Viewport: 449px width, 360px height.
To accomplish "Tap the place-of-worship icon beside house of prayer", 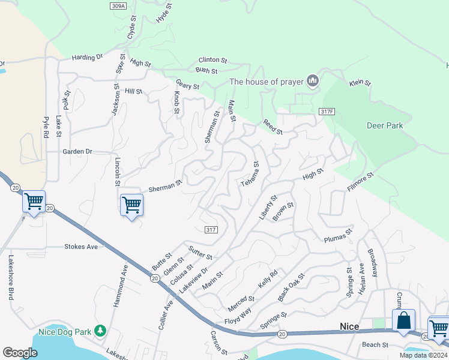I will coord(312,81).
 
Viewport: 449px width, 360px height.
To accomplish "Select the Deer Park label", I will coord(385,125).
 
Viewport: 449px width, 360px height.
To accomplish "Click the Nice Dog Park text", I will coord(64,331).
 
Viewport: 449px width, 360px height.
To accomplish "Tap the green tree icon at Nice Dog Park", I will coord(101,331).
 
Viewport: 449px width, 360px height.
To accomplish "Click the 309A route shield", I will coord(119,6).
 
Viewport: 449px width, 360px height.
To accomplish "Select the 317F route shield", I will coord(326,112).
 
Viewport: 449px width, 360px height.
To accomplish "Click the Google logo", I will coord(20,352).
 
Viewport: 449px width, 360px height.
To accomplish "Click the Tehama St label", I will coord(249,173).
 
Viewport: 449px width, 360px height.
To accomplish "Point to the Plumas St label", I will coord(338,233).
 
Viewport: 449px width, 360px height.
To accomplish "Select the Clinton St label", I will coord(213,61).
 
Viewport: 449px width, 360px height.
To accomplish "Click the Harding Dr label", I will coord(88,58).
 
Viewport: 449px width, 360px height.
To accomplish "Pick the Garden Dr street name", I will coord(77,152).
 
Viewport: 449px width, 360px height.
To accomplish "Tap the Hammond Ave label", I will coord(120,286).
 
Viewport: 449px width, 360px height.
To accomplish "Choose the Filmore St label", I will coord(360,182).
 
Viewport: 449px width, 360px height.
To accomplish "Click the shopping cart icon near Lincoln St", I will coord(131,205).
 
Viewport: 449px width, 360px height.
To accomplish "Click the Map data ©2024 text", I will coord(423,355).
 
